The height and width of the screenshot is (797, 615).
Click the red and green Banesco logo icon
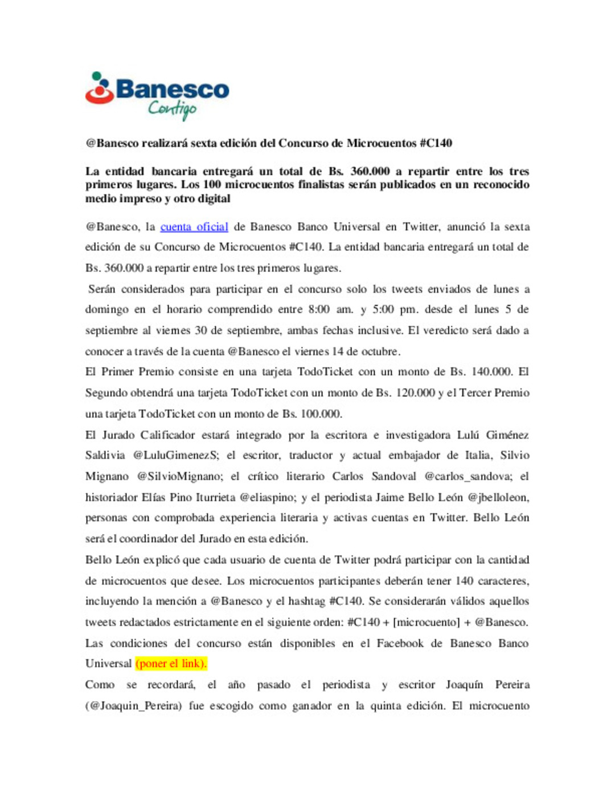(100, 88)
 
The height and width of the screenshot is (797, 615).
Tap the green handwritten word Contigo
(172, 108)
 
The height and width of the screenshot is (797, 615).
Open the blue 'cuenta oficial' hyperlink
(194, 227)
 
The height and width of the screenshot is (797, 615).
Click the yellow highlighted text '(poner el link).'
(171, 664)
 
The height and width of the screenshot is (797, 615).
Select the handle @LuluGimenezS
(175, 456)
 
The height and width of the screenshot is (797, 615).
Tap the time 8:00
(319, 310)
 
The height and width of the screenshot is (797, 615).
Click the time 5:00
(383, 310)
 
